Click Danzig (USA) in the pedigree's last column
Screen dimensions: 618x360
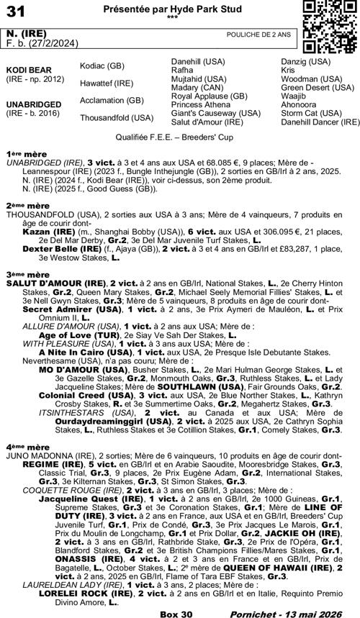[306, 63]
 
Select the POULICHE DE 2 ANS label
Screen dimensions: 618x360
[258, 35]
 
